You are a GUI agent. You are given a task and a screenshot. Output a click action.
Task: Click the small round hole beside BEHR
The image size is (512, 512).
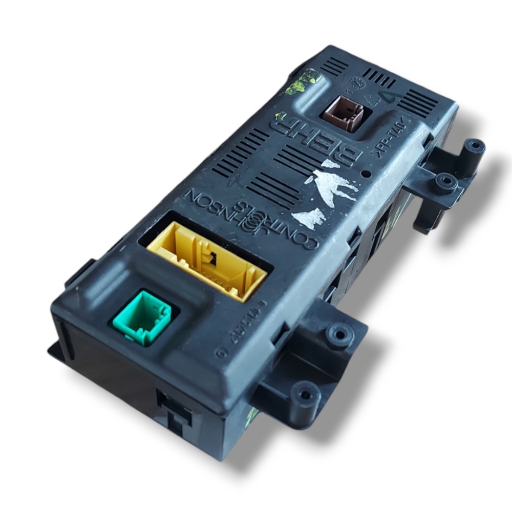click(366, 175)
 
